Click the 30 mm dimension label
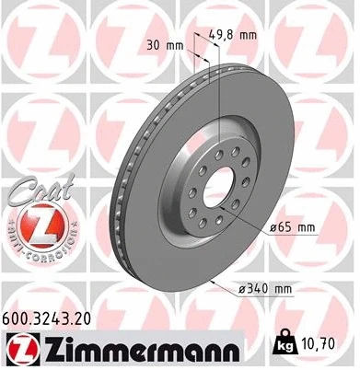click(163, 44)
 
